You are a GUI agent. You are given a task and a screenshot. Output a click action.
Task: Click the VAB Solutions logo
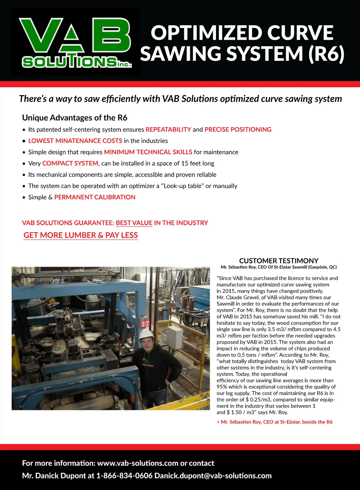[76, 42]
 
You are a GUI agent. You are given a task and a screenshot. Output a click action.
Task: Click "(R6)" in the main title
[326, 54]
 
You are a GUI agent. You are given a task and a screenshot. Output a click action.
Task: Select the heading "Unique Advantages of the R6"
[75, 118]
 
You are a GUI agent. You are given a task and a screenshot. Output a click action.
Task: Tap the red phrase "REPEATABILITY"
[168, 130]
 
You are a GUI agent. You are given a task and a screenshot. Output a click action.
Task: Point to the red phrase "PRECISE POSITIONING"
[238, 130]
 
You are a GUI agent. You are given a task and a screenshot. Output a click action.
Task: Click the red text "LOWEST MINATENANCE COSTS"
[75, 141]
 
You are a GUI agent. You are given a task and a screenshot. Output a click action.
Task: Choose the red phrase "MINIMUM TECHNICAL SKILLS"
[148, 152]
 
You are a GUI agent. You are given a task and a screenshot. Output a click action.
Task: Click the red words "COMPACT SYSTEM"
[70, 163]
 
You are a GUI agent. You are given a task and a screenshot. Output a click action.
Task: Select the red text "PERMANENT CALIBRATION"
[95, 197]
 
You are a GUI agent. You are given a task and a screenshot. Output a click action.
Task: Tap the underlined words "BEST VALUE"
[134, 223]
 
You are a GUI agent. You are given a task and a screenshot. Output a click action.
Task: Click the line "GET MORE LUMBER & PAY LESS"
[81, 235]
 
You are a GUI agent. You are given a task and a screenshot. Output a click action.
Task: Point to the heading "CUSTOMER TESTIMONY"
[279, 261]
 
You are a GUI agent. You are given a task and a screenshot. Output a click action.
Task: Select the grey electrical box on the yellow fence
[175, 337]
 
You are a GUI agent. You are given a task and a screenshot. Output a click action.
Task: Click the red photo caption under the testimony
[275, 422]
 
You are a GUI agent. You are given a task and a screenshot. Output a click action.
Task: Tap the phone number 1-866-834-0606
[124, 476]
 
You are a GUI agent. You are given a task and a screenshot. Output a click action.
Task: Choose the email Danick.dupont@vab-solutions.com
[213, 476]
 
